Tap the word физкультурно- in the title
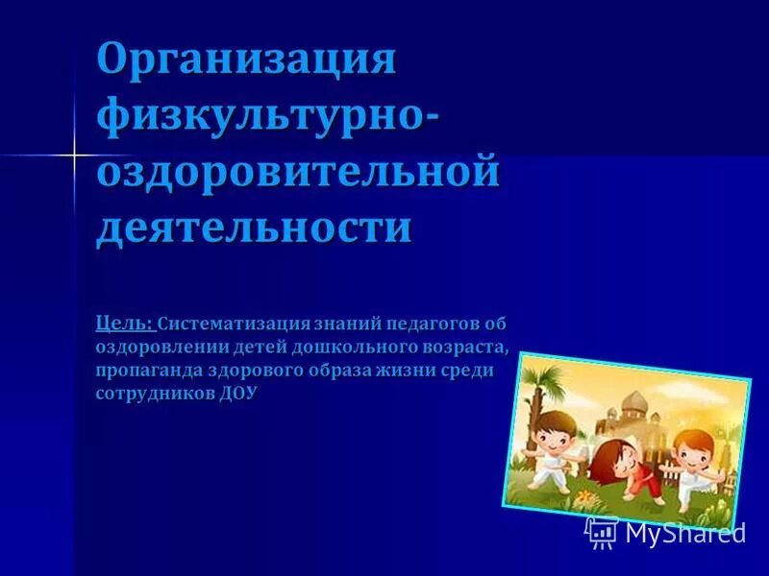[269, 120]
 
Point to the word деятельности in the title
[254, 228]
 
